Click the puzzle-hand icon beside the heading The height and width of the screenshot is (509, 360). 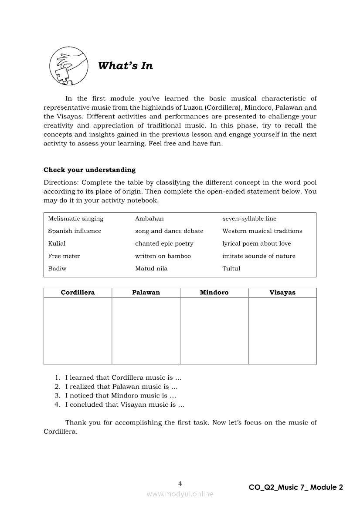[x=68, y=66]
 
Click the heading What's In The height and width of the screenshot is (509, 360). [x=126, y=66]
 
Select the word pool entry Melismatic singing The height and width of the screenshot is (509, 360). [x=76, y=219]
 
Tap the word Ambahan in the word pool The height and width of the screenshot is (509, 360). [x=149, y=219]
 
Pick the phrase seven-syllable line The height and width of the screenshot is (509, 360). [x=249, y=219]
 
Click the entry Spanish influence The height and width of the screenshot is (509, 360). [x=75, y=231]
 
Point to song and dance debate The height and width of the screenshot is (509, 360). [x=169, y=231]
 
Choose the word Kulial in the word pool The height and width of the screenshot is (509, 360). [x=57, y=244]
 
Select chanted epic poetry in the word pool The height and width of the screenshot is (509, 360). [x=164, y=244]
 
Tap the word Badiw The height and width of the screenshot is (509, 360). [x=57, y=269]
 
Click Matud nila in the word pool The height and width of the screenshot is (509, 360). [x=151, y=269]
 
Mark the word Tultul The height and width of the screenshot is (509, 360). [x=231, y=269]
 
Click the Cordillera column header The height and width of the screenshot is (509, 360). [x=78, y=293]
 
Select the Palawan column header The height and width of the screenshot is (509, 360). [x=146, y=293]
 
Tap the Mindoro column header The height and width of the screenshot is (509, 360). [x=214, y=293]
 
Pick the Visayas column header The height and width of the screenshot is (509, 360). [x=282, y=293]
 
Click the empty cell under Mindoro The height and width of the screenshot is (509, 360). [x=214, y=330]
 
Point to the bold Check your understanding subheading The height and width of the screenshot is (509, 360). [x=89, y=170]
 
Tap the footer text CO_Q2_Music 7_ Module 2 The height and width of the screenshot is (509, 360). [x=296, y=488]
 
